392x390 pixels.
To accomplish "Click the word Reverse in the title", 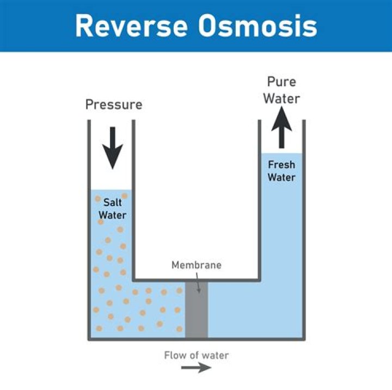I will coord(131,26).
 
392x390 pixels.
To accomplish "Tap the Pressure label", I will coord(114,104).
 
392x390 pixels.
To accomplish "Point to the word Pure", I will coord(281,82).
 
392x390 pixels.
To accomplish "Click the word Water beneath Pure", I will coord(281,99).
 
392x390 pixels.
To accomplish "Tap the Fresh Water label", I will coord(281,171).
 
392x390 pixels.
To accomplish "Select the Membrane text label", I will coord(197,266).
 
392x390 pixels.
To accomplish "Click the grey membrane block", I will coord(197,311).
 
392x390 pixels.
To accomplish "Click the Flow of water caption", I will coord(197,356).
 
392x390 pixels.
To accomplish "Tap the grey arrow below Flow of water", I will coord(197,368).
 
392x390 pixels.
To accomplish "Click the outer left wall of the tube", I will coord(89,229).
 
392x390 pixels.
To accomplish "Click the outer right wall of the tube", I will coord(303,229).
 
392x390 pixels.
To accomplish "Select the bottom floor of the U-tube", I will coord(197,339).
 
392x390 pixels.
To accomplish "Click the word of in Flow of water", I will coord(194,356).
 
